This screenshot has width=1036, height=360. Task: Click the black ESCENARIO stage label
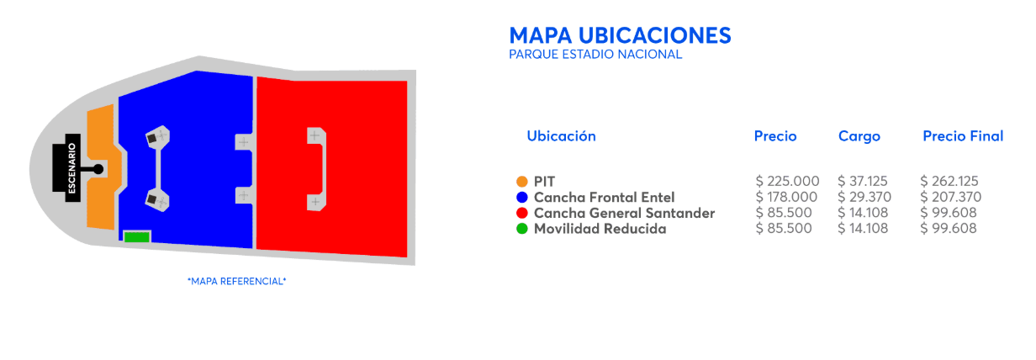click(x=72, y=168)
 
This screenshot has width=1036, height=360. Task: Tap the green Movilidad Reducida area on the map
click(x=137, y=237)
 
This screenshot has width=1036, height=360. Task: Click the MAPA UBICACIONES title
click(x=621, y=35)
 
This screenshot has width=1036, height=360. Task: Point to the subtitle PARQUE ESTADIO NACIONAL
click(x=595, y=55)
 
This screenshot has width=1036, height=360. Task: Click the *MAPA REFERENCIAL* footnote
click(x=237, y=281)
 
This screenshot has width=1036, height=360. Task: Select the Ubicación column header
click(x=562, y=136)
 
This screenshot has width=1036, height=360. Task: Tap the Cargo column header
click(x=859, y=136)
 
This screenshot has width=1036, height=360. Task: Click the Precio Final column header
click(x=963, y=136)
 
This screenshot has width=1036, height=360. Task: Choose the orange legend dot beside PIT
click(x=522, y=182)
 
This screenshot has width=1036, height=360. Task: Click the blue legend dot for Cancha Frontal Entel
click(x=522, y=197)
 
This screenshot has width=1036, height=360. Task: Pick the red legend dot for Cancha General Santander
click(x=522, y=213)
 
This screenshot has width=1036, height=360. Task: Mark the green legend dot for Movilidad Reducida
click(x=522, y=229)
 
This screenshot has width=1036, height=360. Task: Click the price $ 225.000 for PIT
click(x=788, y=181)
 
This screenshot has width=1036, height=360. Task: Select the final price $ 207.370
click(x=950, y=197)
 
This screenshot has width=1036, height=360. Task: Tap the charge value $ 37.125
click(x=863, y=181)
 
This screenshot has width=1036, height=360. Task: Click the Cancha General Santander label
click(x=624, y=213)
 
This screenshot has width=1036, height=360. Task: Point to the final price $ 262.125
click(x=949, y=181)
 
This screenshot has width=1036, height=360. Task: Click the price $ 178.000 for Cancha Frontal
click(x=786, y=197)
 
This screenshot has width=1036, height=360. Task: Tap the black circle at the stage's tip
click(x=98, y=169)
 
